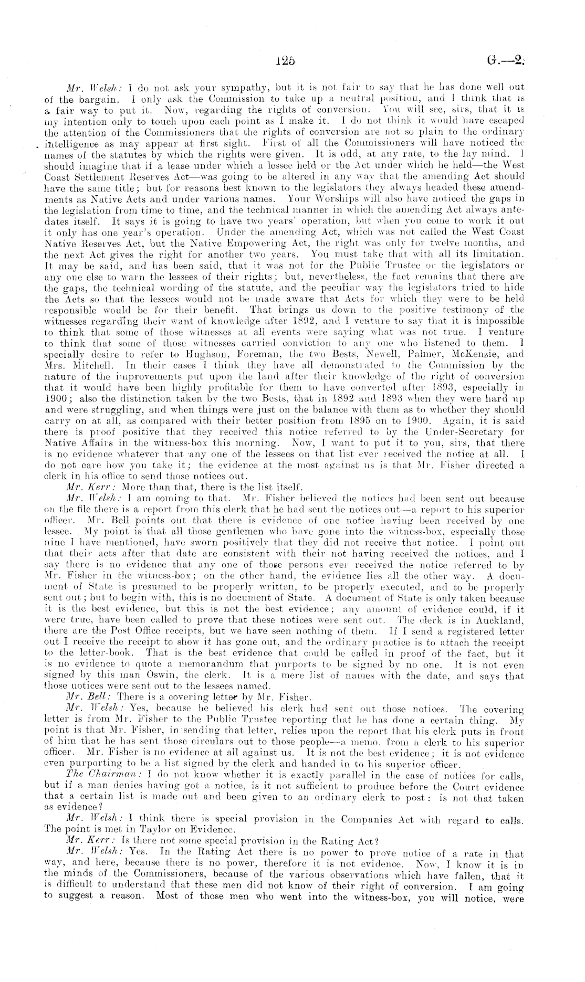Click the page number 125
click(x=286, y=60)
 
